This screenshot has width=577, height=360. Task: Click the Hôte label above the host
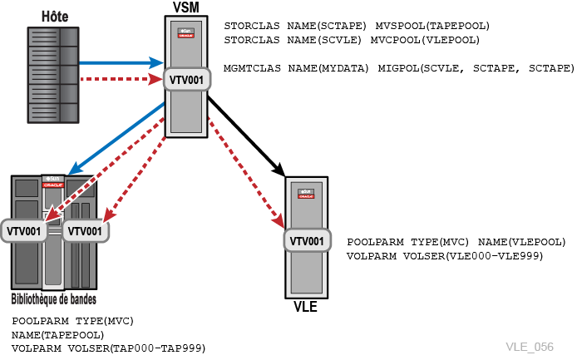[55, 17]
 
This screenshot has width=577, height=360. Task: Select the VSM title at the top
[186, 7]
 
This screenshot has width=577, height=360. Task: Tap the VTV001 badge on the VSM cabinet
[186, 80]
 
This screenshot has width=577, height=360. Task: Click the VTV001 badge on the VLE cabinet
[307, 241]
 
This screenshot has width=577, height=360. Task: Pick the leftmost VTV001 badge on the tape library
[23, 231]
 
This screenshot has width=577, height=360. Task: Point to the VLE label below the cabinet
[305, 307]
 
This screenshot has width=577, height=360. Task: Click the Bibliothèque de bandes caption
[54, 299]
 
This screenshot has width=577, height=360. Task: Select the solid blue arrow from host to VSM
[121, 62]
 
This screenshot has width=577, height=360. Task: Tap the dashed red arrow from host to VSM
[121, 79]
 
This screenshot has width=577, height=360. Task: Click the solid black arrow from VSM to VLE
[246, 136]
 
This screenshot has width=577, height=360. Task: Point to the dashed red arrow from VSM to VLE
[246, 173]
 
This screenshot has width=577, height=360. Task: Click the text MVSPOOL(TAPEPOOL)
[432, 26]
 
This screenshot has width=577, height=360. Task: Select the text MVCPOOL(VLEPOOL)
[425, 40]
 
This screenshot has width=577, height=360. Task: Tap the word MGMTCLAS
[252, 68]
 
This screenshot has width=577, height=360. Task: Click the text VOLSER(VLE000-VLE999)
[473, 256]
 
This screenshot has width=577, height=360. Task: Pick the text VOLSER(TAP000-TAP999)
[136, 348]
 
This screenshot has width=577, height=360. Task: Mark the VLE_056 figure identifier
[530, 347]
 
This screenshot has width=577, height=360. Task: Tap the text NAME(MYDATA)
[328, 68]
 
